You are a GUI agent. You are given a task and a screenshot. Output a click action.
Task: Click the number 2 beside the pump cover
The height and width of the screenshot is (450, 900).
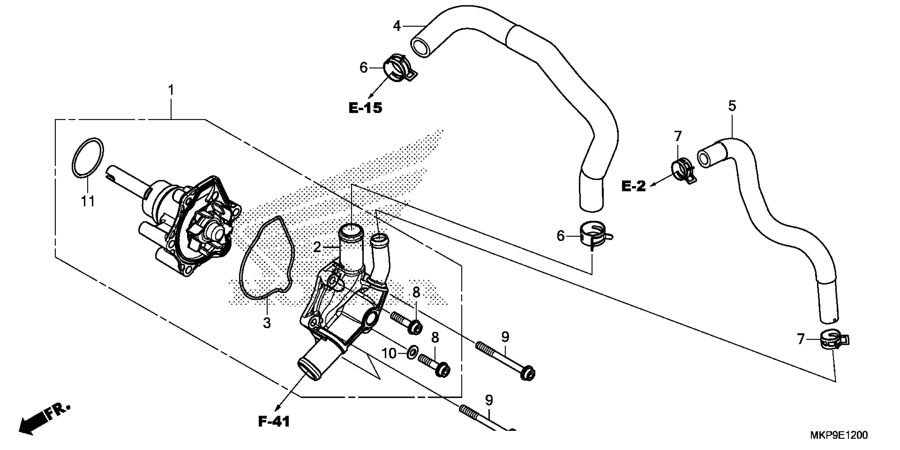tap(317, 247)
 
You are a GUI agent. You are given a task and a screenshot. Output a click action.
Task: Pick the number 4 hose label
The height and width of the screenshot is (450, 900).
tap(397, 26)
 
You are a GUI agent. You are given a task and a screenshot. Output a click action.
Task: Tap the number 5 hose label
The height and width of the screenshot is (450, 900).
tap(732, 106)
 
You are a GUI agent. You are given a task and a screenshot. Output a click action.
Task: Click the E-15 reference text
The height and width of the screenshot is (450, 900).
tap(366, 108)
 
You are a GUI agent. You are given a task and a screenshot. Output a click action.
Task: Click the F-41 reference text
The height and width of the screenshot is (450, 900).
tap(274, 422)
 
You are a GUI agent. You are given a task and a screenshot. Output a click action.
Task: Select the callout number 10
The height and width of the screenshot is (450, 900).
tap(389, 354)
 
